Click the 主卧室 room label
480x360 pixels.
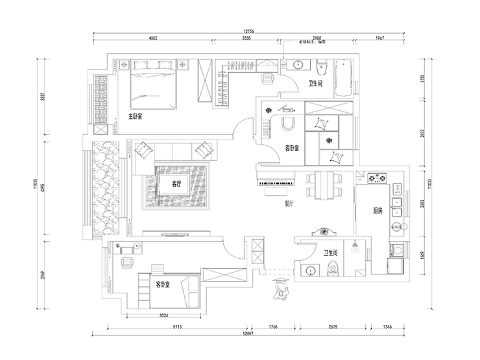point(135,117)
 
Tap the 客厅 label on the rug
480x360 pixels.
point(178,184)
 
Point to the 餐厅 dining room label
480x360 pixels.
point(290,203)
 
